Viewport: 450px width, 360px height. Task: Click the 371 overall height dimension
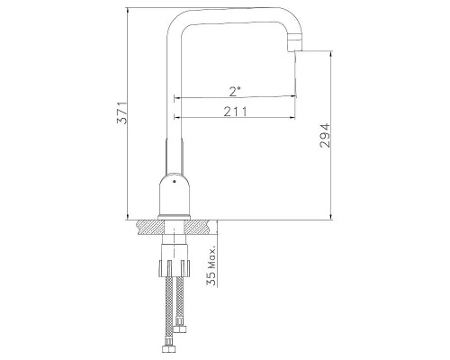122,113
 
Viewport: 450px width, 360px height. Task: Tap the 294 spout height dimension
325,135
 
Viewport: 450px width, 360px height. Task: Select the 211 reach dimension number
236,112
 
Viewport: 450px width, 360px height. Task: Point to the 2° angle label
235,91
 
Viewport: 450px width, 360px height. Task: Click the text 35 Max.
211,266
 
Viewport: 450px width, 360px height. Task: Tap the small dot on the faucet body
174,181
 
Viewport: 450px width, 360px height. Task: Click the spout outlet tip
295,50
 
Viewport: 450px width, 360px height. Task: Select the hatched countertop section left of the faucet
151,227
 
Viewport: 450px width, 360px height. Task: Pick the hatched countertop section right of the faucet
200,227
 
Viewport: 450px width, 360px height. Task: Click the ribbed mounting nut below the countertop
175,267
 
